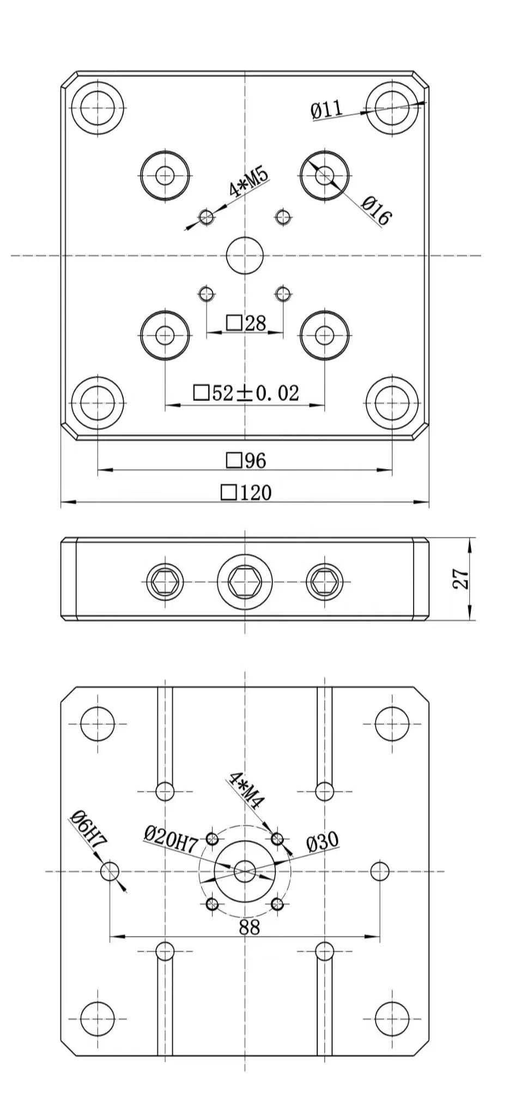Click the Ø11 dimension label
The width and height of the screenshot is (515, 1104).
click(327, 110)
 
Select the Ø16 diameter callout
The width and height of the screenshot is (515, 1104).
click(376, 212)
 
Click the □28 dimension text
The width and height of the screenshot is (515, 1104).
click(246, 323)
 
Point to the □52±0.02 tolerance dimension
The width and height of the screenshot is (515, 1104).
click(246, 393)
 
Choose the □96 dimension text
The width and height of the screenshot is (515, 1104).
click(246, 461)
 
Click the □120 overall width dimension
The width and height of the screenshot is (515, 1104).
click(246, 493)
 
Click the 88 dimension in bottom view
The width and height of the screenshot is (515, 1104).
click(249, 927)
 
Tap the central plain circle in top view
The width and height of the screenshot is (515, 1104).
click(245, 255)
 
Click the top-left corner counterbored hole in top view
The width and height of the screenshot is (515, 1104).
click(98, 107)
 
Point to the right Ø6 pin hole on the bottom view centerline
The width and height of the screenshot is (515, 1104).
click(379, 871)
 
